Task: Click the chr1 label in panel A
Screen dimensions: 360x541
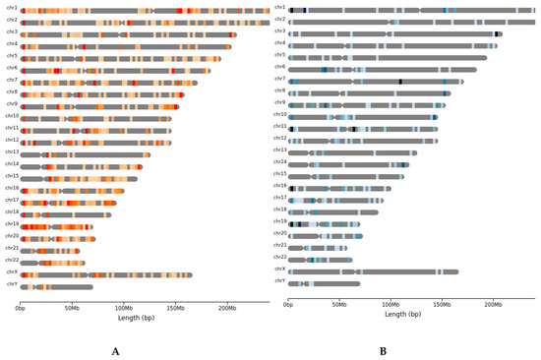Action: [x=11, y=9]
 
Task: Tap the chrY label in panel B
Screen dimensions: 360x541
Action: [x=280, y=283]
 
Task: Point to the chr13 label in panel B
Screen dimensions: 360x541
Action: [x=279, y=152]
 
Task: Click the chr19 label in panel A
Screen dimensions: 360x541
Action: [x=11, y=224]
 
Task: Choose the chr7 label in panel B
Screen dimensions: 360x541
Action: [x=280, y=81]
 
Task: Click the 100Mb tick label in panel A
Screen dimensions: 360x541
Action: [x=123, y=307]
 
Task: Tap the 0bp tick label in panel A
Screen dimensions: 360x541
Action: [x=21, y=307]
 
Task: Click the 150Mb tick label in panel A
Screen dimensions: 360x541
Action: [x=174, y=307]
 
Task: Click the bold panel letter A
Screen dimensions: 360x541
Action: [x=116, y=350]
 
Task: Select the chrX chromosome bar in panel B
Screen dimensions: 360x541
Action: [x=373, y=271]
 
